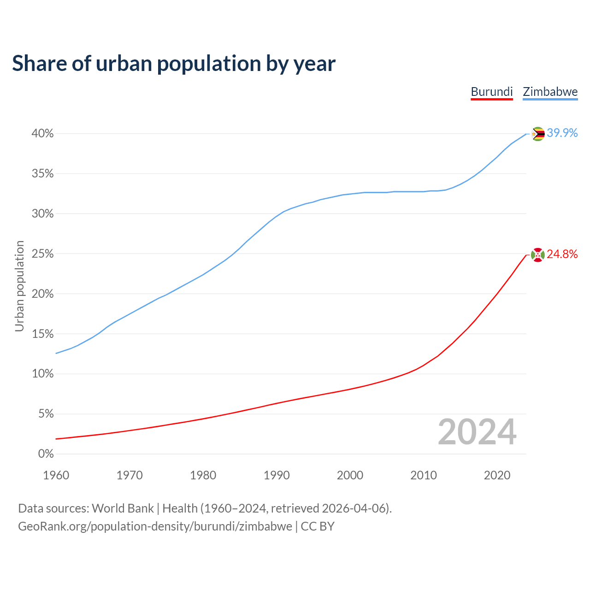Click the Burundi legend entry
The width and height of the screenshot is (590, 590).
pyautogui.click(x=491, y=92)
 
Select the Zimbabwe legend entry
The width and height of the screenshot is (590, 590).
pyautogui.click(x=550, y=92)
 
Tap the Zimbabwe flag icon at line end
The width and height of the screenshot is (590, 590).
pyautogui.click(x=538, y=134)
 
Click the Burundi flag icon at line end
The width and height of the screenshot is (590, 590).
pyautogui.click(x=538, y=254)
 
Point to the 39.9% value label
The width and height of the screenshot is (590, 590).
pyautogui.click(x=562, y=133)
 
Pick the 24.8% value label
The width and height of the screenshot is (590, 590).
pyautogui.click(x=562, y=254)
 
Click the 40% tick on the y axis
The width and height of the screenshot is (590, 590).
pyautogui.click(x=43, y=134)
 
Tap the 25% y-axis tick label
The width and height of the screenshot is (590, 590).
pyautogui.click(x=43, y=254)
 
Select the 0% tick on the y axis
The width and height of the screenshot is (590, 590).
pyautogui.click(x=46, y=454)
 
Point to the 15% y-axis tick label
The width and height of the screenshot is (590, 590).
pyautogui.click(x=43, y=334)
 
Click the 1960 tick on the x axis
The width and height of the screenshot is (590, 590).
pyautogui.click(x=56, y=475)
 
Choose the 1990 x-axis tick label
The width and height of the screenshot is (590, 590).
pyautogui.click(x=277, y=475)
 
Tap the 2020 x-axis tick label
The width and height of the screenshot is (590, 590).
pyautogui.click(x=497, y=475)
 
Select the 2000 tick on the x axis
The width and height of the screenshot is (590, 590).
pyautogui.click(x=350, y=475)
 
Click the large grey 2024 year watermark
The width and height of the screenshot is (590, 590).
pyautogui.click(x=477, y=432)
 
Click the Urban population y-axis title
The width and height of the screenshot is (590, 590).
pyautogui.click(x=19, y=286)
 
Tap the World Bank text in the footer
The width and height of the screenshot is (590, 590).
pyautogui.click(x=123, y=508)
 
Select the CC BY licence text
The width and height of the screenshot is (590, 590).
pyautogui.click(x=318, y=526)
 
